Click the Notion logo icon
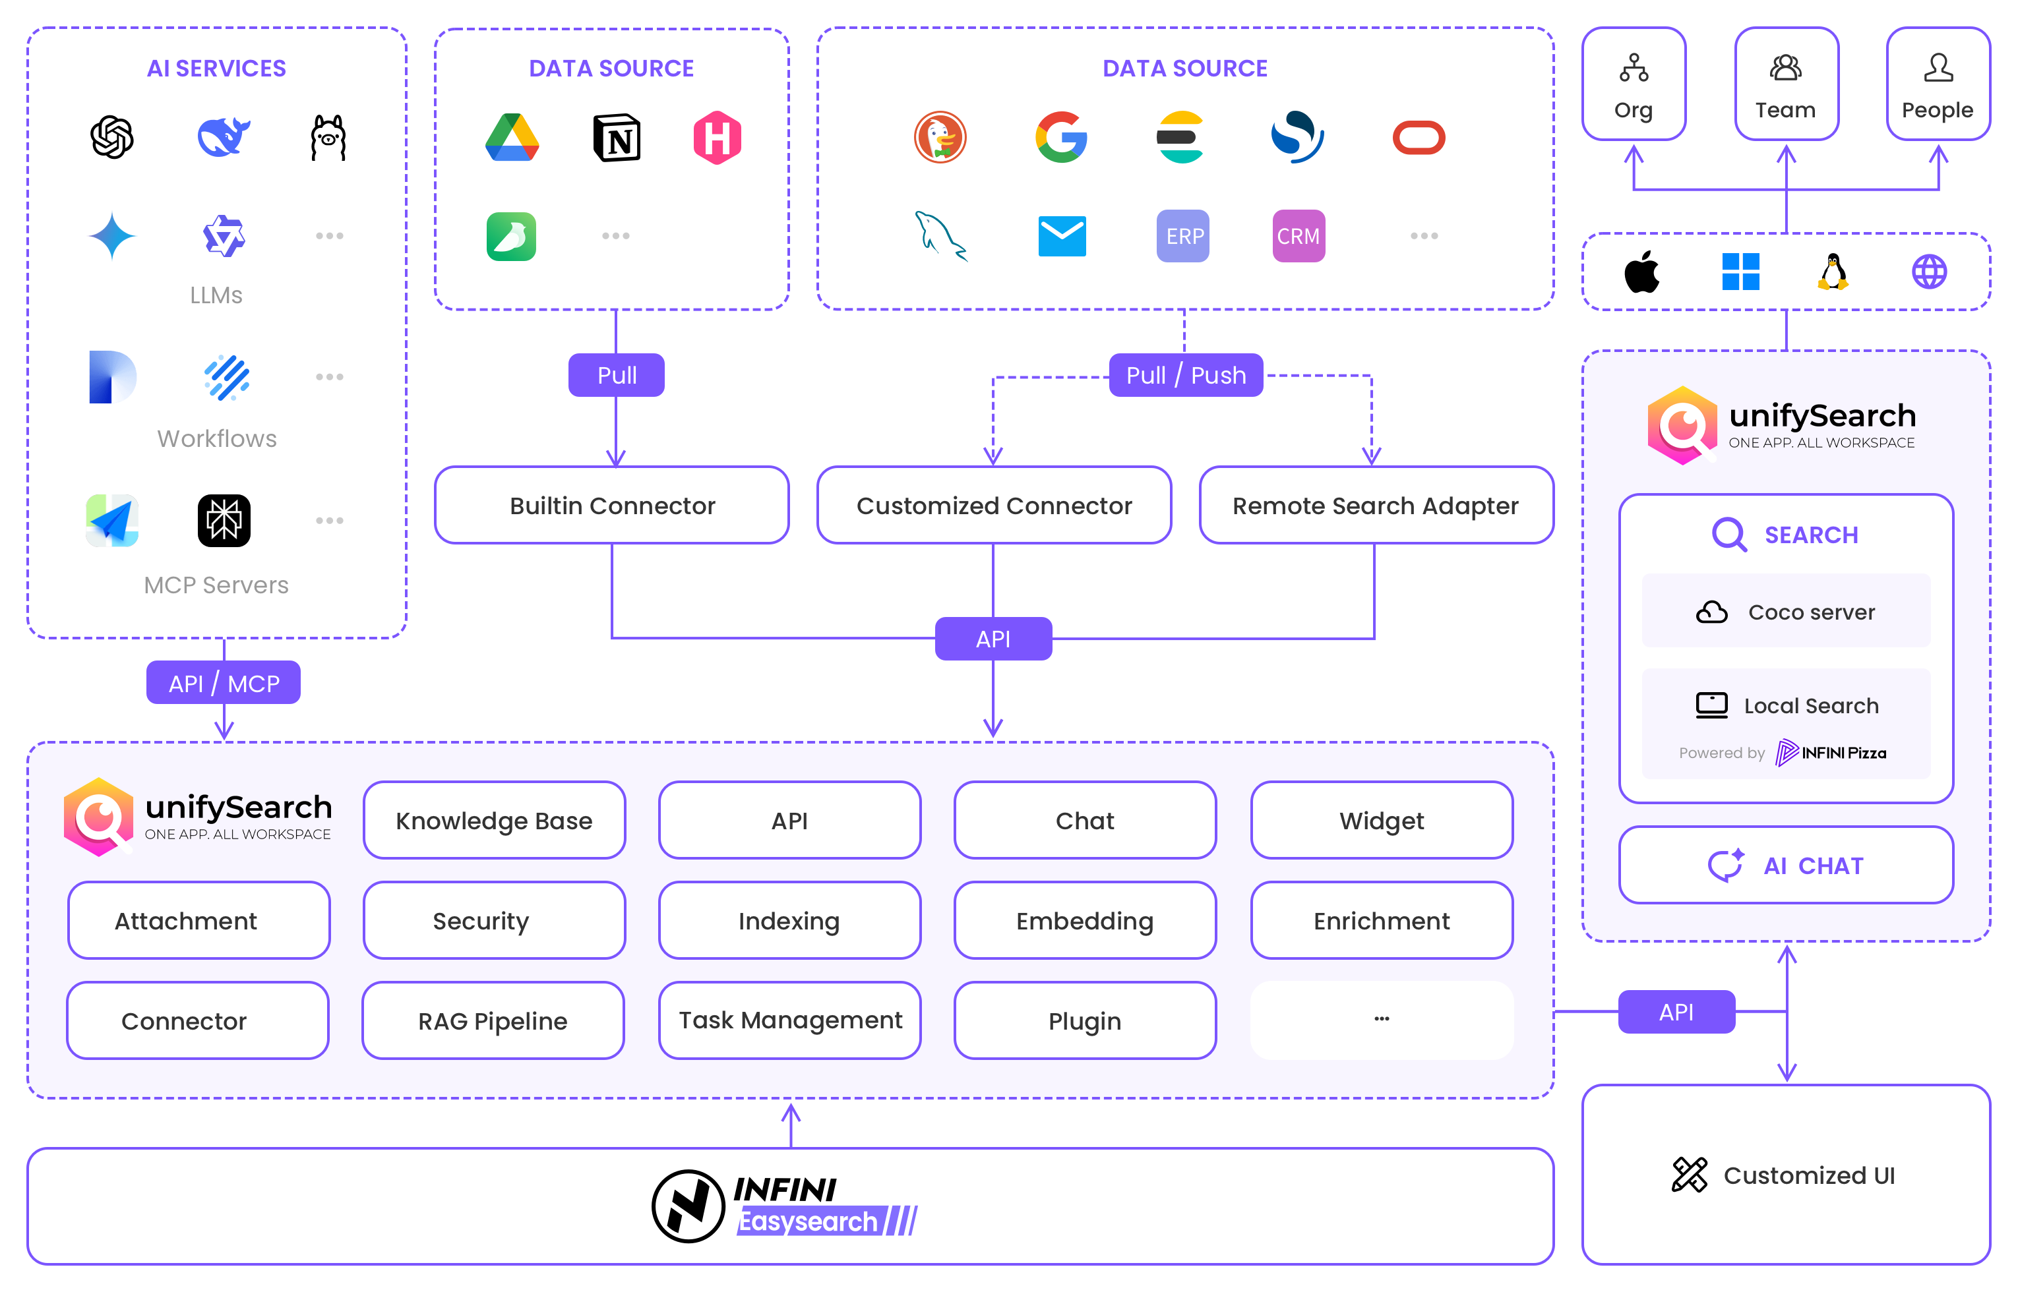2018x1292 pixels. coord(617,138)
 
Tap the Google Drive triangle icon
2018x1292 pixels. coord(512,138)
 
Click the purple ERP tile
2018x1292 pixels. coord(1183,236)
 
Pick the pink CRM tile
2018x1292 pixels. coord(1298,236)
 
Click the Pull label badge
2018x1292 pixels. coord(616,375)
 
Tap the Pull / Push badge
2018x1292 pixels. coord(1185,375)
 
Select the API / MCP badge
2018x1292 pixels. coord(223,683)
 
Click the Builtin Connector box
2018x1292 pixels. coord(612,505)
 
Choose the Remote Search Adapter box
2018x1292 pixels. coord(1375,505)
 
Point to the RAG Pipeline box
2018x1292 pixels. coord(493,1020)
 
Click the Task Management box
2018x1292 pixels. coord(789,1020)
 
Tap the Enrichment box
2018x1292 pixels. coord(1381,920)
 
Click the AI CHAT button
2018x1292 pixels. coord(1786,865)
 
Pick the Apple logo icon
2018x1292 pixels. coord(1641,272)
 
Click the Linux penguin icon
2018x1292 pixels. coord(1833,272)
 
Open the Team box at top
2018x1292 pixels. coord(1786,84)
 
